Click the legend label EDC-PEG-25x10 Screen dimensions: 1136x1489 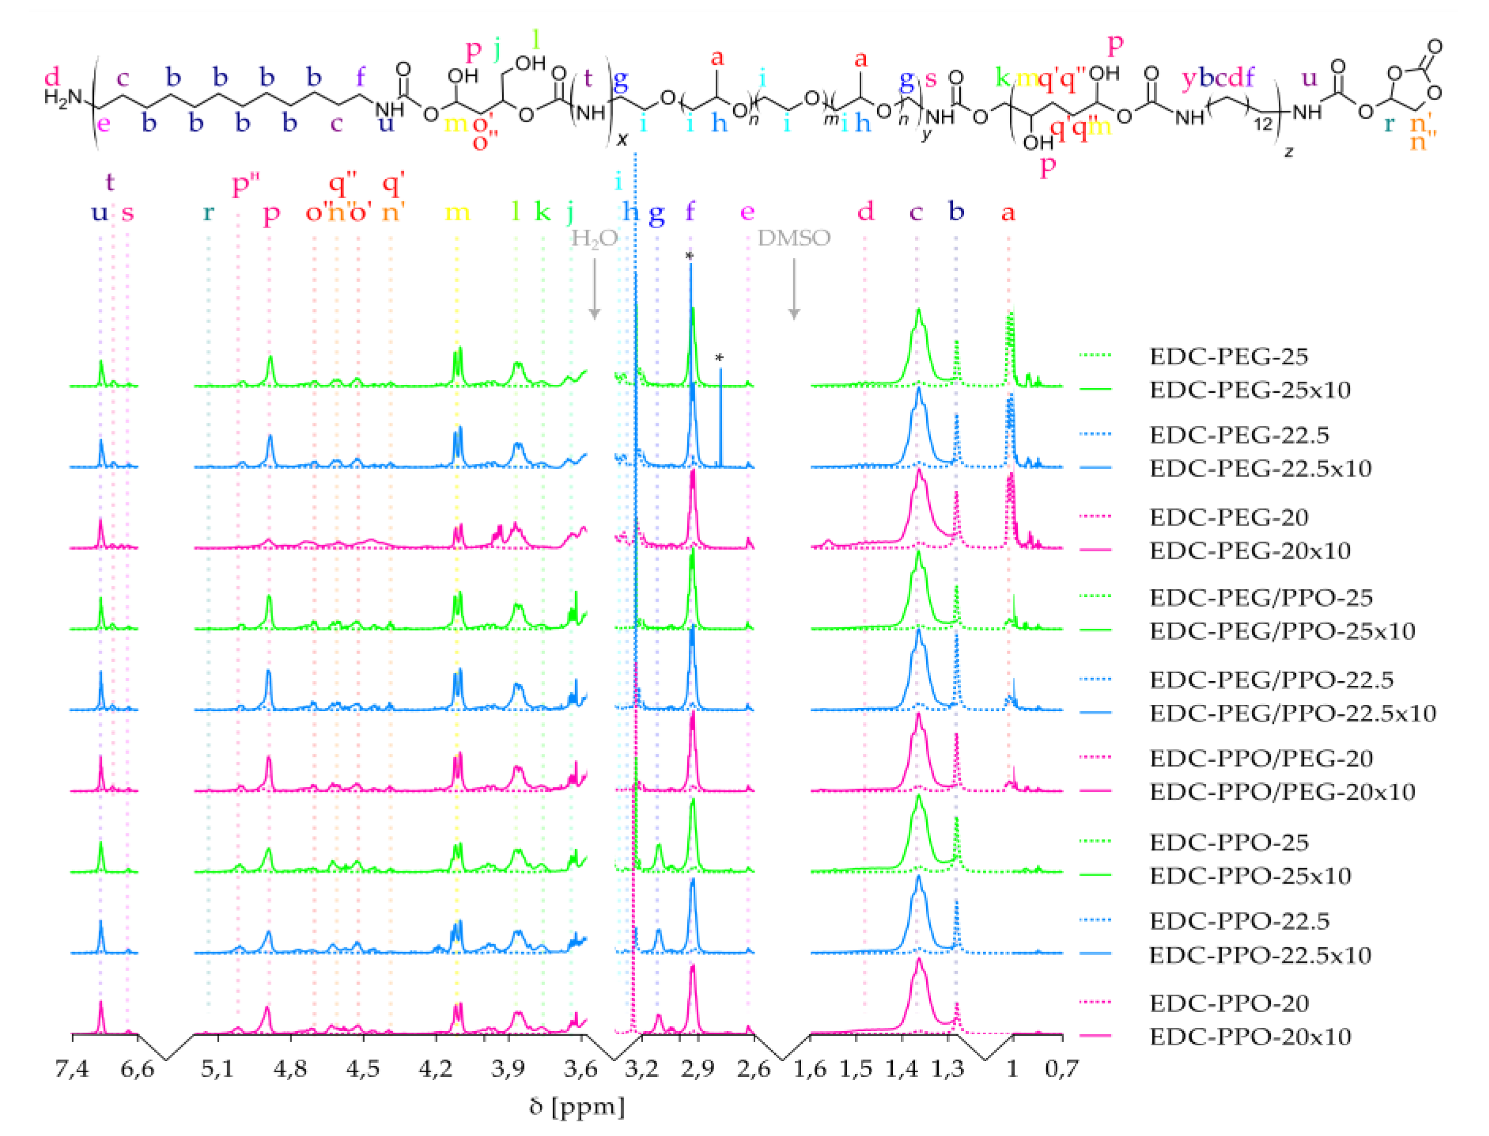tap(1250, 390)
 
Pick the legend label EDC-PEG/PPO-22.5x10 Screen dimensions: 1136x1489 tap(1292, 713)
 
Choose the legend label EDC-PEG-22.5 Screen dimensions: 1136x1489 tap(1239, 435)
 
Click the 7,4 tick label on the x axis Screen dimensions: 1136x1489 tap(72, 1069)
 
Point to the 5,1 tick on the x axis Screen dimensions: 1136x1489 tap(217, 1069)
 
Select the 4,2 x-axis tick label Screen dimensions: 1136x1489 tap(435, 1069)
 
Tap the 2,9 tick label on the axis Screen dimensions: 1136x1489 tap(697, 1069)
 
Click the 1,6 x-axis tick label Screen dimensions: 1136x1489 tap(810, 1069)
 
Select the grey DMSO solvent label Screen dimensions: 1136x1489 tap(794, 238)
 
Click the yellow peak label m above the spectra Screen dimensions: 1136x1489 tap(457, 212)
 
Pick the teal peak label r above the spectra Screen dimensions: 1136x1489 tap(208, 212)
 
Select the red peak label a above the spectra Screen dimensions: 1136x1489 tap(1008, 212)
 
